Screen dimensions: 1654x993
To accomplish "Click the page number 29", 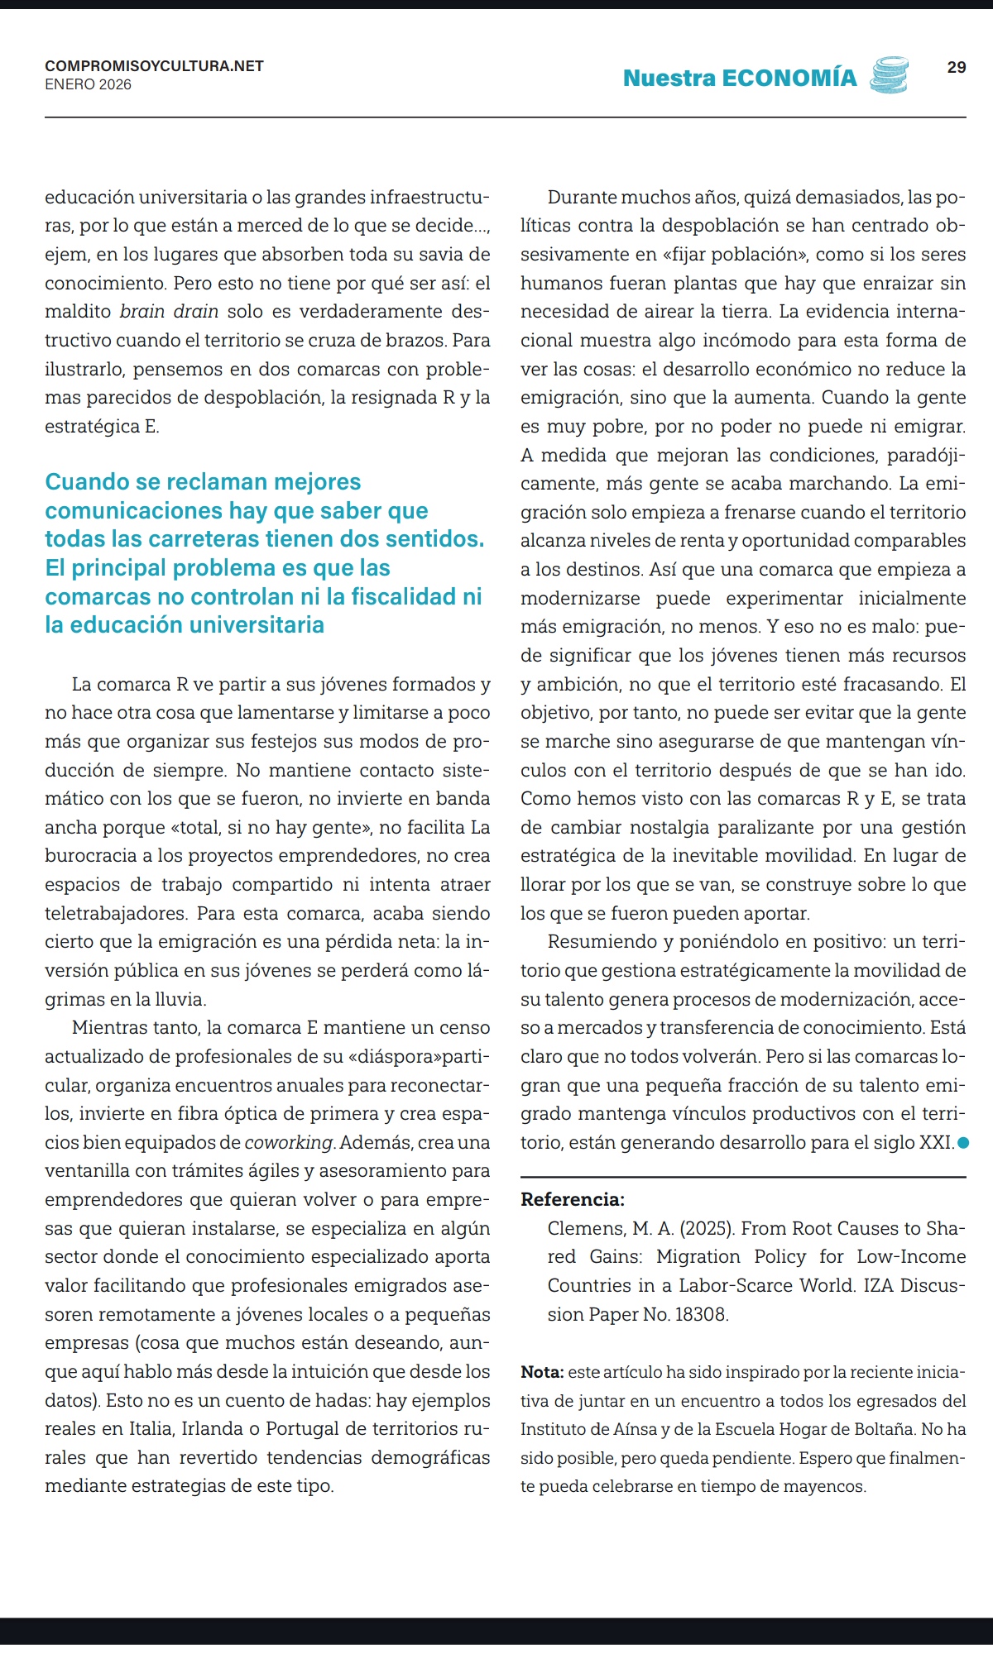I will tap(956, 67).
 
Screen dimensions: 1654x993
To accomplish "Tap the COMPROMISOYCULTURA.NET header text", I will tap(154, 66).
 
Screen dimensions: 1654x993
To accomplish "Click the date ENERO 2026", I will tap(88, 84).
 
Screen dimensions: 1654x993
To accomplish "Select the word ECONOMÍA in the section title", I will tap(789, 78).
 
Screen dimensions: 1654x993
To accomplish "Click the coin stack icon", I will tap(889, 75).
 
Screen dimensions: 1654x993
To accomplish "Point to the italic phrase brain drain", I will tap(169, 312).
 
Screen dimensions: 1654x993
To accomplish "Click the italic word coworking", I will tap(289, 1143).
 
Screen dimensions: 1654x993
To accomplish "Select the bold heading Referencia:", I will tap(573, 1199).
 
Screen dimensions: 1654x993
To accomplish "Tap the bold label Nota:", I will tap(542, 1372).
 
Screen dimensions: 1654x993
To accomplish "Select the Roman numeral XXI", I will tap(936, 1143).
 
